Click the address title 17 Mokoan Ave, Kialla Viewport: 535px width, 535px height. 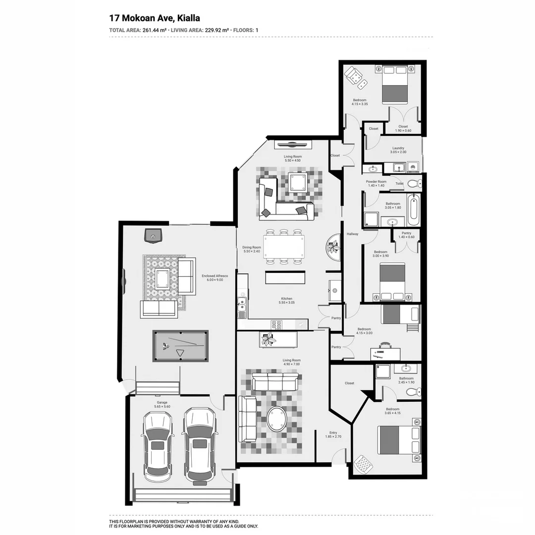(x=155, y=18)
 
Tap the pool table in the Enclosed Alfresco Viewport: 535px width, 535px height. (x=180, y=346)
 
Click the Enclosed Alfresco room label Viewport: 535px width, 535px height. (x=212, y=277)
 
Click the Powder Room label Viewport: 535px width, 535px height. (x=376, y=183)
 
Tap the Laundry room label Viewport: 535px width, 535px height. (x=398, y=150)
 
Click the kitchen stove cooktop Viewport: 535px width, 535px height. (x=276, y=325)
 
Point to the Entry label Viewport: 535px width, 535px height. (x=333, y=434)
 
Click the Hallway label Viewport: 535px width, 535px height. (x=352, y=234)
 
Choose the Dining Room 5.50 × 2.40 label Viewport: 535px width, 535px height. (x=252, y=249)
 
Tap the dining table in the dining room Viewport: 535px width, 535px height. (x=284, y=246)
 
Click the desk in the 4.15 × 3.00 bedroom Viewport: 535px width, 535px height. (x=385, y=353)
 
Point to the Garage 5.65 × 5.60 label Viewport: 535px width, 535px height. (x=162, y=404)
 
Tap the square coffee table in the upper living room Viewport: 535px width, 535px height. (x=299, y=183)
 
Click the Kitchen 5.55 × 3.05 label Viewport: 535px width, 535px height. (x=286, y=300)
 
